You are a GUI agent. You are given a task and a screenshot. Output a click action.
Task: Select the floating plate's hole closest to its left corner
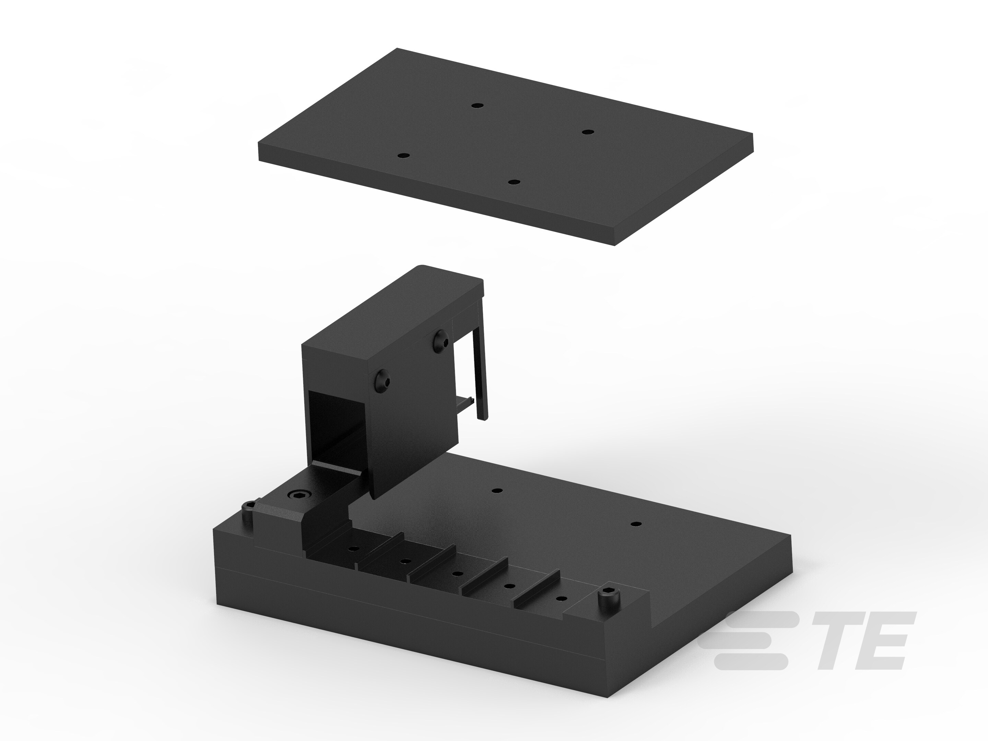click(x=403, y=156)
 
